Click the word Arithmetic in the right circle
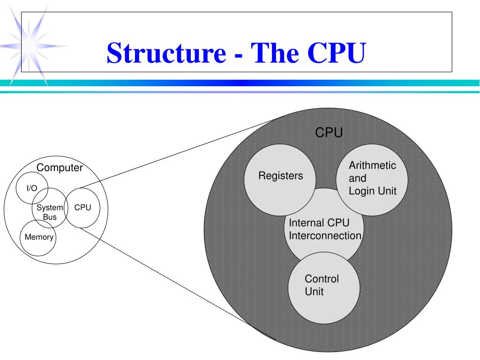click(373, 165)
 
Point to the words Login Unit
click(373, 191)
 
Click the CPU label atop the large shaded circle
click(329, 133)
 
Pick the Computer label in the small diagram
click(60, 168)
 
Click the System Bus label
click(50, 212)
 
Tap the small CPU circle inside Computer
click(82, 208)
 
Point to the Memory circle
click(39, 237)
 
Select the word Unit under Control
click(314, 292)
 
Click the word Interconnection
click(325, 236)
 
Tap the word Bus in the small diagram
click(50, 217)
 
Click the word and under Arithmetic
click(357, 178)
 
